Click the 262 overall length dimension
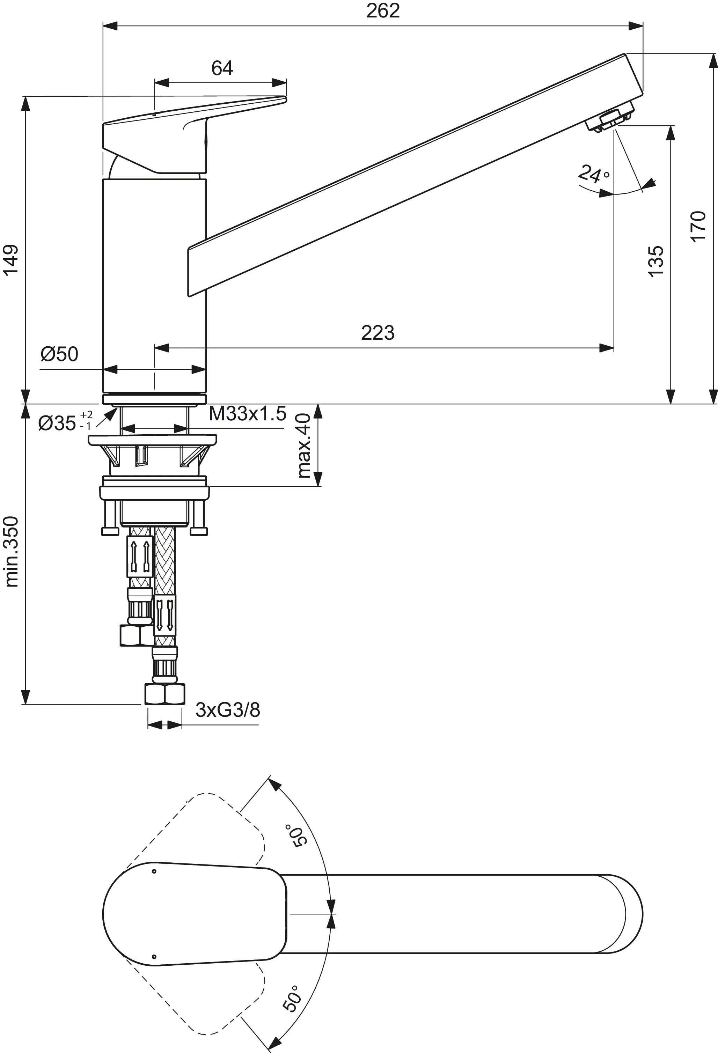tap(383, 11)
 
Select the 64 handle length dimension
tap(222, 68)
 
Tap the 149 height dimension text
tap(11, 259)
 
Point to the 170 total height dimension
tap(698, 227)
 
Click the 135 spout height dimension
tap(656, 262)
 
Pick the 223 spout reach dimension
tap(378, 333)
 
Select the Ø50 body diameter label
tap(59, 354)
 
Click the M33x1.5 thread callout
tap(248, 414)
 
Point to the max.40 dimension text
tap(304, 446)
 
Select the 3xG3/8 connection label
tap(228, 710)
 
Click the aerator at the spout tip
tap(610, 118)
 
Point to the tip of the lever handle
tap(283, 99)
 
